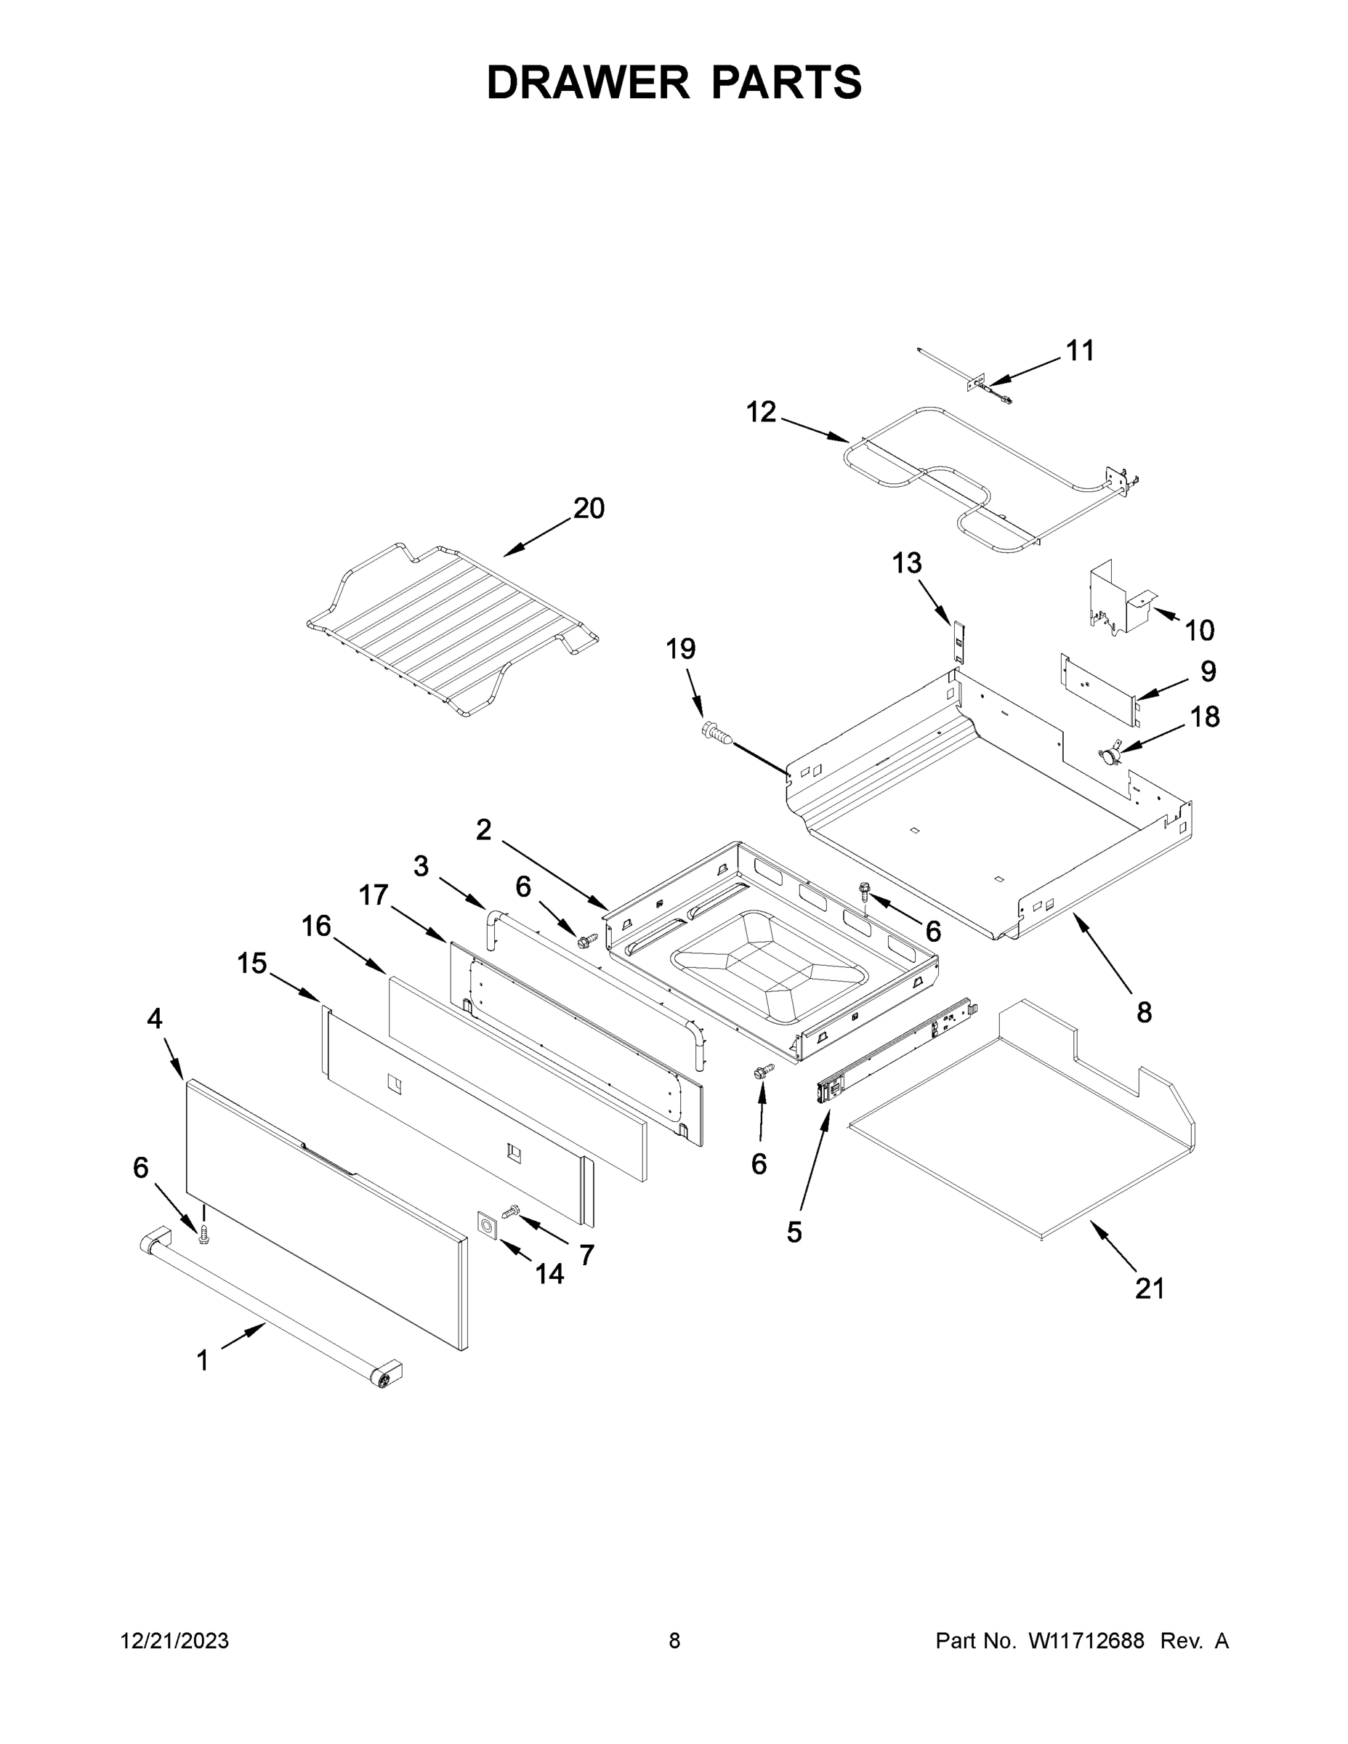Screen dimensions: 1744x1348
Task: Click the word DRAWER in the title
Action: point(587,82)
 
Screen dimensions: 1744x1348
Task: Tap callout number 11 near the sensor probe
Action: point(1080,350)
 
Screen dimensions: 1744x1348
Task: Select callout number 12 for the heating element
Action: point(760,412)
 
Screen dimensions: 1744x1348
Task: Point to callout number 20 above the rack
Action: point(589,508)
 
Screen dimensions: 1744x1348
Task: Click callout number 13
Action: point(906,563)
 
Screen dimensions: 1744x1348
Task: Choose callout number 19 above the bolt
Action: point(680,648)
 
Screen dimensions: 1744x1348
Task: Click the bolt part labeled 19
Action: point(717,732)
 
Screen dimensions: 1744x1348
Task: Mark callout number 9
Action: point(1208,671)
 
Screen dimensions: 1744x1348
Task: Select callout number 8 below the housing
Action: point(1144,1012)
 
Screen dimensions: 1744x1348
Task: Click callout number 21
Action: point(1149,1288)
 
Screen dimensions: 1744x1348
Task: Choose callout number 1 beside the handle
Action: point(203,1360)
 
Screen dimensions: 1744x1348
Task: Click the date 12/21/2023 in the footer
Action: point(174,1641)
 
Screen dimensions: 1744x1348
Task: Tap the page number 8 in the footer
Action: point(674,1641)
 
